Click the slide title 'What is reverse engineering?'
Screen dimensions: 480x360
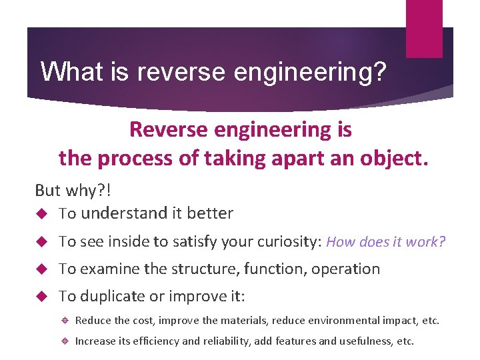(213, 71)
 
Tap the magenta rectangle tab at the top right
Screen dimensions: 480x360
(424, 28)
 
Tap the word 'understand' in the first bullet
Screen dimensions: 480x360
(122, 214)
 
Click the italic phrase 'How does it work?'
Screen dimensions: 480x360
(386, 242)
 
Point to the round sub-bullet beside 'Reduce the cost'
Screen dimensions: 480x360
(67, 321)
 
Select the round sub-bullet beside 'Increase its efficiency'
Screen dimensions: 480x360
(67, 341)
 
